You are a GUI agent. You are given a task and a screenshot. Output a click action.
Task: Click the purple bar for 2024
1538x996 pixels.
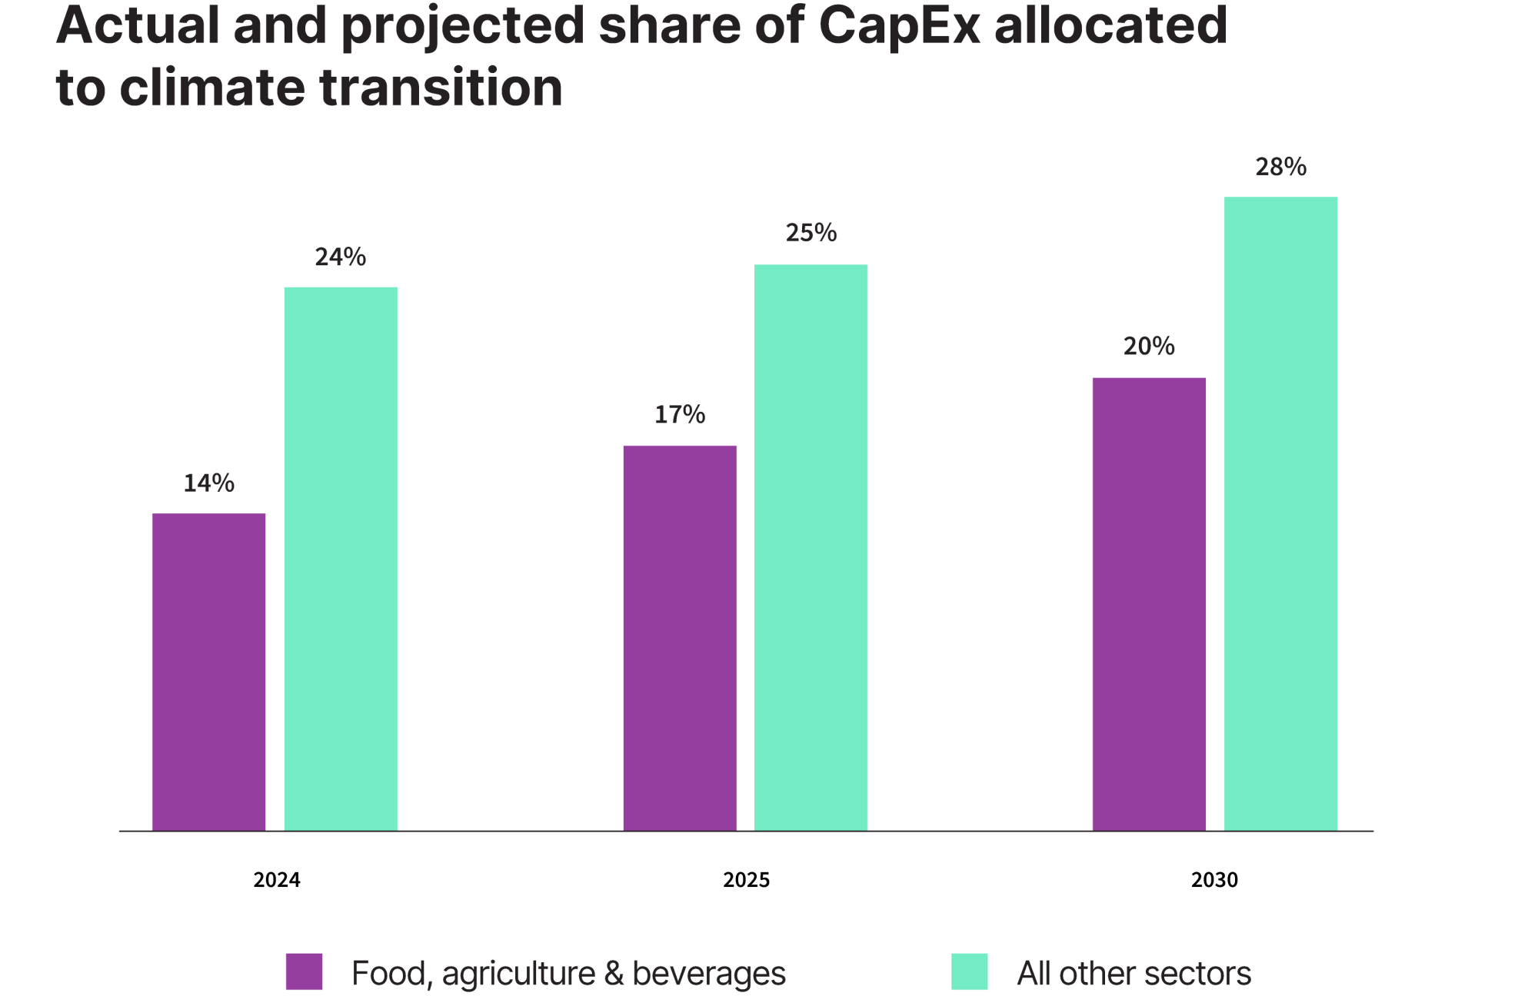pos(209,672)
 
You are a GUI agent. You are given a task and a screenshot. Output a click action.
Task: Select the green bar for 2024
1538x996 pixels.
pos(341,559)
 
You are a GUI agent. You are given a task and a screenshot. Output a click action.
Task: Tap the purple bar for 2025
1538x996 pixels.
pos(680,638)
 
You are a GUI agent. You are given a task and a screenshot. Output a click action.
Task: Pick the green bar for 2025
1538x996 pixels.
pos(811,547)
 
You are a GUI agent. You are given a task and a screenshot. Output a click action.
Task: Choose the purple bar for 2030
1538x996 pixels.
pos(1149,604)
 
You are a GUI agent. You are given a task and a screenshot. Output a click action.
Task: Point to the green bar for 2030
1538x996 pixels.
pos(1280,513)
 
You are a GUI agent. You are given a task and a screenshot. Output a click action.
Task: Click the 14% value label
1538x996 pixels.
pos(208,483)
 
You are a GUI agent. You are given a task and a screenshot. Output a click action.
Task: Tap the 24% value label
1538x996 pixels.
pos(340,257)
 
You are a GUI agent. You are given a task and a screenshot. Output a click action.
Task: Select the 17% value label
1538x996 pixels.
pos(680,415)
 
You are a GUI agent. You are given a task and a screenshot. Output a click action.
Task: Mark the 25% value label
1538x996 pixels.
pos(811,233)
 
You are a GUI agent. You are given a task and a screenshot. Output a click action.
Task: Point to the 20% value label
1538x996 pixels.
pos(1149,347)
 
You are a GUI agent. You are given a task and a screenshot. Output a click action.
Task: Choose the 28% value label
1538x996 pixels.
pos(1280,167)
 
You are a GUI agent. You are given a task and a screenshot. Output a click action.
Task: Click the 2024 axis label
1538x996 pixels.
pos(277,880)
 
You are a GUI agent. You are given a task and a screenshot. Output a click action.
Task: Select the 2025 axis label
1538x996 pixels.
pos(746,880)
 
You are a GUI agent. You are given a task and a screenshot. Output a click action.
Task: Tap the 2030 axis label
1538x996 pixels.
pos(1214,880)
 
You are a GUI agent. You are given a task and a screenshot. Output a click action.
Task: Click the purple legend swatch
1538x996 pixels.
pos(304,971)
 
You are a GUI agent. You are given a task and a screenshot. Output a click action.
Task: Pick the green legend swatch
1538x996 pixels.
pos(969,971)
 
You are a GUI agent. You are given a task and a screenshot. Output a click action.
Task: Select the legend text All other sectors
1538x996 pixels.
pos(1134,974)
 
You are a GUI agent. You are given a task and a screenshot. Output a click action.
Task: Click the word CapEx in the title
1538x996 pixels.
pos(899,25)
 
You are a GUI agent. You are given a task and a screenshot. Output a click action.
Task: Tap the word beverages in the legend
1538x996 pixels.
pos(709,974)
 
